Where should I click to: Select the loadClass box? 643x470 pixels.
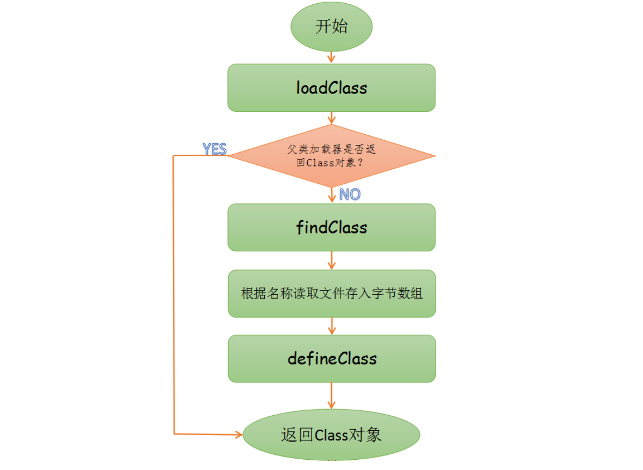(x=331, y=88)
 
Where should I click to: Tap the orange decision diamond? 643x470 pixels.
(x=331, y=156)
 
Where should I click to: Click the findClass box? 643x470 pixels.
(x=331, y=227)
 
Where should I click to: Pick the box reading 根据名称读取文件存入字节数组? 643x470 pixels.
(x=331, y=294)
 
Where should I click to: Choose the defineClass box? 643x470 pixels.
(x=331, y=359)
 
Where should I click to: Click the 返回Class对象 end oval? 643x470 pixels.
(x=331, y=435)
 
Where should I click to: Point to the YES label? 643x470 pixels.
(x=214, y=149)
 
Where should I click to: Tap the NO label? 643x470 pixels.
(x=350, y=194)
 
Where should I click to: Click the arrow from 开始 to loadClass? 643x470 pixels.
(x=331, y=56)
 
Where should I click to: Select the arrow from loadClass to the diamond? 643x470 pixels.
(x=331, y=118)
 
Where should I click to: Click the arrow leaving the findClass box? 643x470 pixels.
(x=331, y=261)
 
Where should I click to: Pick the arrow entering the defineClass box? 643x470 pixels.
(x=331, y=326)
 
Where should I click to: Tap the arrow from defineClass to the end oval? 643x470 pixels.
(x=331, y=395)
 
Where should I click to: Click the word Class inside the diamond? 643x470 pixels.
(x=320, y=163)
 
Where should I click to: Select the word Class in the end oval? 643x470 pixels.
(x=332, y=435)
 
